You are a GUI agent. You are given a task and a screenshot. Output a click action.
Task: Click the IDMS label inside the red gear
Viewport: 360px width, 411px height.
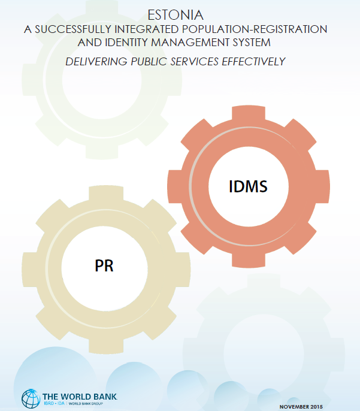[x=248, y=186]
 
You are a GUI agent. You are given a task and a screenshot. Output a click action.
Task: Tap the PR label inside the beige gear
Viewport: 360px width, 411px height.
[x=104, y=265]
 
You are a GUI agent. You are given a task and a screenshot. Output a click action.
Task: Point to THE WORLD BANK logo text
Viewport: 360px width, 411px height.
[x=80, y=395]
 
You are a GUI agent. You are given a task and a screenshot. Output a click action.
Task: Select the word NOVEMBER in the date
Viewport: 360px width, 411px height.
[x=297, y=407]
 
